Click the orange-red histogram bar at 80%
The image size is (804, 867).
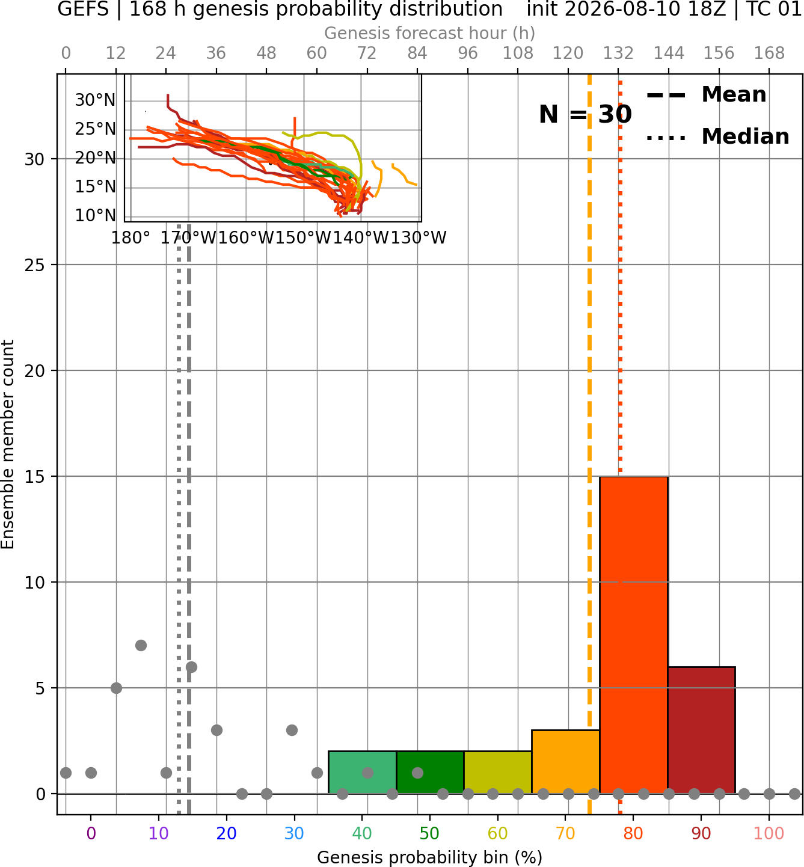[634, 635]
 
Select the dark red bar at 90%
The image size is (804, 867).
[701, 730]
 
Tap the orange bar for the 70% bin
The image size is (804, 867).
[565, 762]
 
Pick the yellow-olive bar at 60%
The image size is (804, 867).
[498, 772]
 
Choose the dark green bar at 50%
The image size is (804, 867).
[430, 772]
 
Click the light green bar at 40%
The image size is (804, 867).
[363, 772]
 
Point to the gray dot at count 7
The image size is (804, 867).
[141, 645]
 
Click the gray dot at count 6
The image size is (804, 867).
[191, 667]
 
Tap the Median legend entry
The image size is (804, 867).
[717, 136]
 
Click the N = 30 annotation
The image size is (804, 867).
[585, 114]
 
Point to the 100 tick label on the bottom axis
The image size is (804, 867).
[769, 833]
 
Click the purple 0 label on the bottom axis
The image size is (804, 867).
[91, 833]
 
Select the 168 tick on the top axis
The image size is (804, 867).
[769, 54]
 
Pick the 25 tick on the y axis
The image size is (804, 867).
[34, 265]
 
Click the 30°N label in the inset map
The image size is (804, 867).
[95, 100]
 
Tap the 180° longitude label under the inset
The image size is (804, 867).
[130, 238]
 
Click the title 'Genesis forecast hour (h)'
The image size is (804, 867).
[430, 33]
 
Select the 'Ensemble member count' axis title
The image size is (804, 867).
[7, 444]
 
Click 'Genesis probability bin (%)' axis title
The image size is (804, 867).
[430, 857]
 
